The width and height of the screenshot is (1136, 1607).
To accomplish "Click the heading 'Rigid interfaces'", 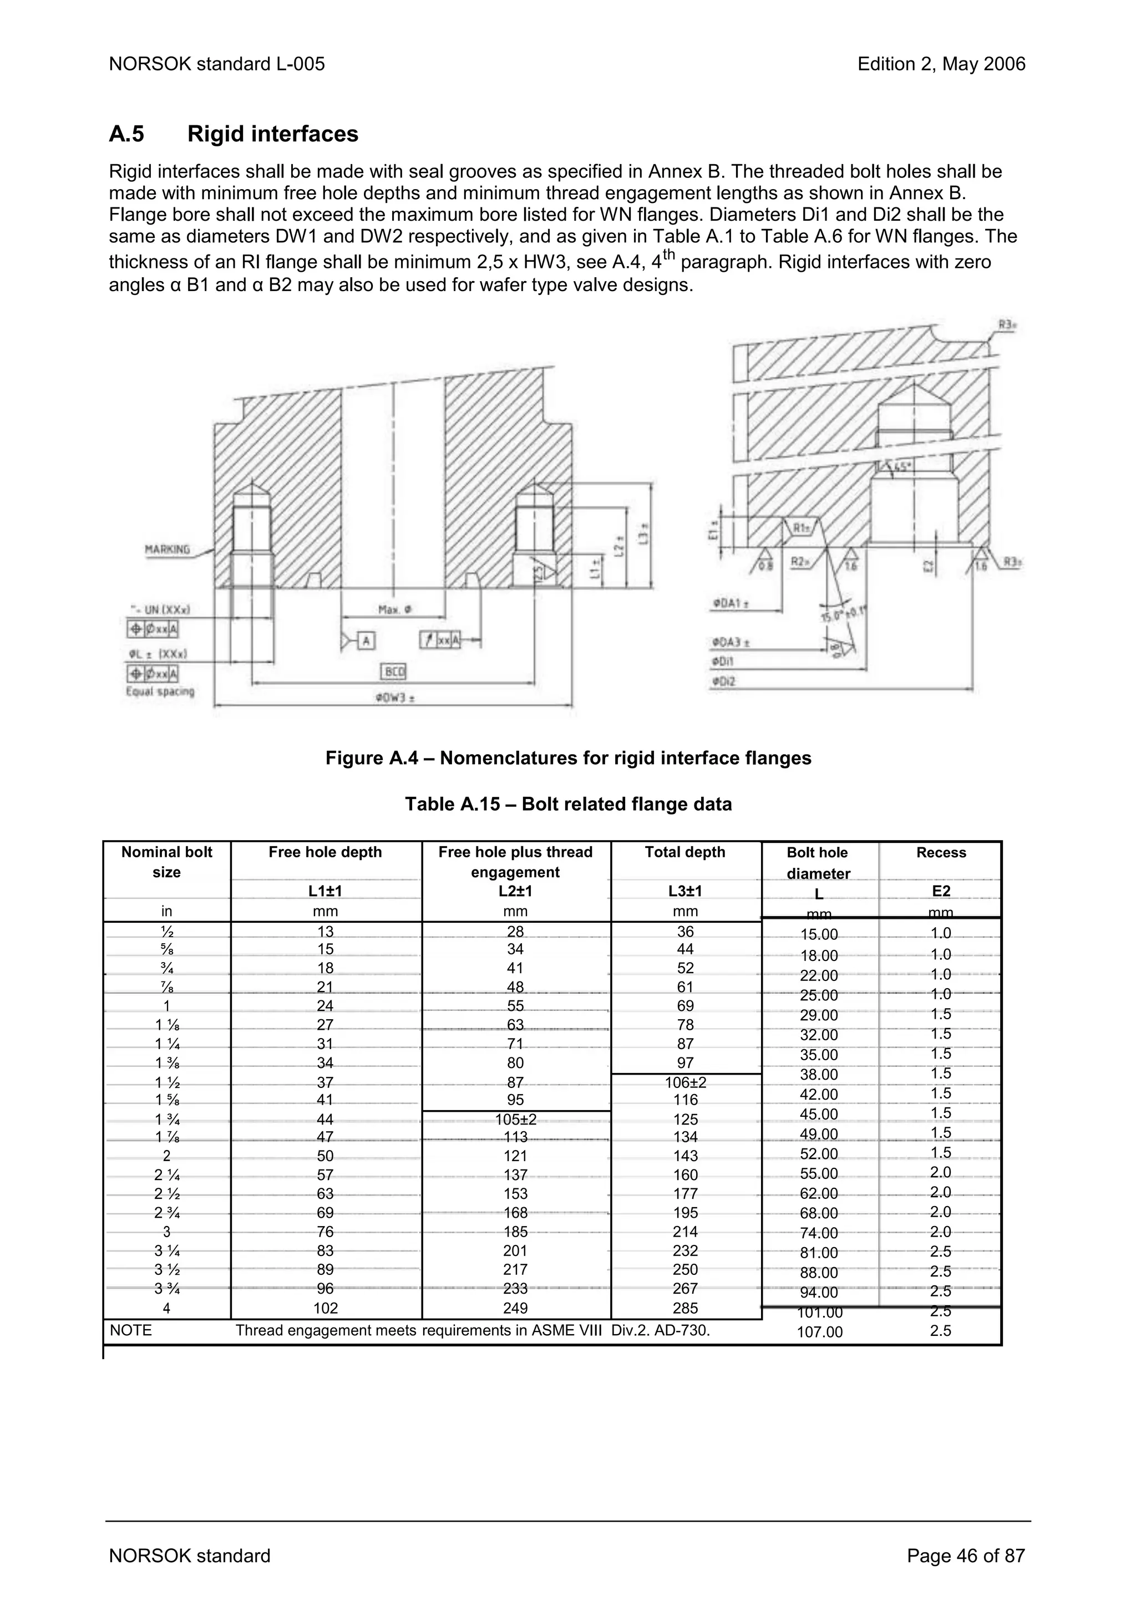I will coord(272,134).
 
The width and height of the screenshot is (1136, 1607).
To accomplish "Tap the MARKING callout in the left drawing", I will coord(168,550).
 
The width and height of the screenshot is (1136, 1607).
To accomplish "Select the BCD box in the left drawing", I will coord(393,672).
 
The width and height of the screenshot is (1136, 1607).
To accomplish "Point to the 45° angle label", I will coord(904,465).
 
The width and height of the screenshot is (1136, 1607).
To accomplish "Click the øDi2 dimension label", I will coord(724,680).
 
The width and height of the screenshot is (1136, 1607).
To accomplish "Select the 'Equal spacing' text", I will coord(160,691).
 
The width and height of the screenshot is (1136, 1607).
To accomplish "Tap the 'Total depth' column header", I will coord(684,852).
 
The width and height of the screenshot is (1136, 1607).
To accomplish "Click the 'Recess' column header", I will coord(940,852).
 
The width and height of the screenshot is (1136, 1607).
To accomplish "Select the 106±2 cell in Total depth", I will coord(684,1082).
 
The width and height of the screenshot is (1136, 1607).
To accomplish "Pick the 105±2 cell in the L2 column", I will coord(515,1119).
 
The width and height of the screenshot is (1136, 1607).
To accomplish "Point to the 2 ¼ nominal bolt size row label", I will coord(166,1175).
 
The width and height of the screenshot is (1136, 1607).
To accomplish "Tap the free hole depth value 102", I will coord(326,1308).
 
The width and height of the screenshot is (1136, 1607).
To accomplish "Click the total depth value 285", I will coord(684,1308).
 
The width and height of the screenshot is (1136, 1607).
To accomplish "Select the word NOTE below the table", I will coord(131,1330).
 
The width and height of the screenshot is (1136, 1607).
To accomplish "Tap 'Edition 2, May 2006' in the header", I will coord(941,64).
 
